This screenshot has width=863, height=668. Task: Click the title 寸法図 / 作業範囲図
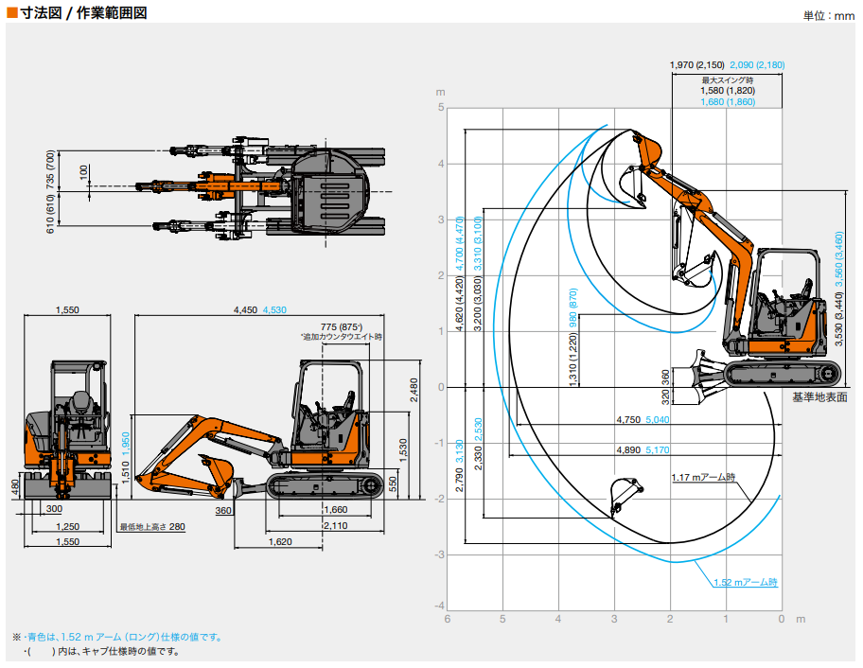[x=83, y=12]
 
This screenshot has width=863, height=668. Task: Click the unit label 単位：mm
[x=829, y=15]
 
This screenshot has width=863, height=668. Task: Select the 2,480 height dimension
[x=414, y=390]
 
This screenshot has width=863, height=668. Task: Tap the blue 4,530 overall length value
[x=274, y=309]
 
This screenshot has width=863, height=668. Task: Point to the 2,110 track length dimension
[x=335, y=525]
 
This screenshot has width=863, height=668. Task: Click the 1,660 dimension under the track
[x=335, y=510]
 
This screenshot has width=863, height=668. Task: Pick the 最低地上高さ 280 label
[x=152, y=527]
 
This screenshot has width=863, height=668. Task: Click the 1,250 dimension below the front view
[x=68, y=527]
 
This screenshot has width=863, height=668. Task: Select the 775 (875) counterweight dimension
[x=342, y=326]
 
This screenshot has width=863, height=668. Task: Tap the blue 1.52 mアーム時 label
[x=746, y=582]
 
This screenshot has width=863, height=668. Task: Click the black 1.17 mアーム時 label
[x=703, y=477]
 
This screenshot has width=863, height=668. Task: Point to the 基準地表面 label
[x=819, y=396]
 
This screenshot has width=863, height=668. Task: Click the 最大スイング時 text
[x=728, y=80]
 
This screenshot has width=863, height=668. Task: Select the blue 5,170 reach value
[x=657, y=450]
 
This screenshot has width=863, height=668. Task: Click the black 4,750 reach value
[x=628, y=420]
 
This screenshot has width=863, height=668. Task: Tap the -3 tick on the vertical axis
[x=439, y=554]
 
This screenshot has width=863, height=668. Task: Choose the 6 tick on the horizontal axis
[x=448, y=619]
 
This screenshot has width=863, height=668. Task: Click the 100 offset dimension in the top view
[x=83, y=172]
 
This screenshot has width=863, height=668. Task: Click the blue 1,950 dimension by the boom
[x=126, y=444]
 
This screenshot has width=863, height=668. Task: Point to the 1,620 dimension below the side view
[x=280, y=542]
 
